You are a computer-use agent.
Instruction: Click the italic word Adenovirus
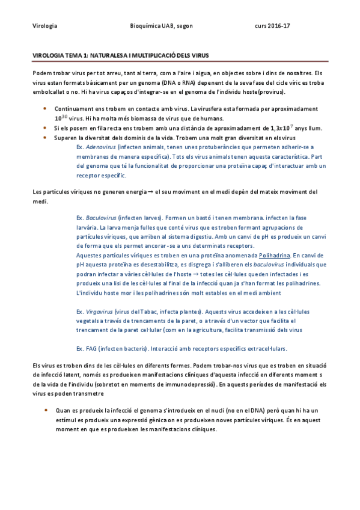click(100, 147)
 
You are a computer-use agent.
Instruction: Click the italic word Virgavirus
click(99, 312)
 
